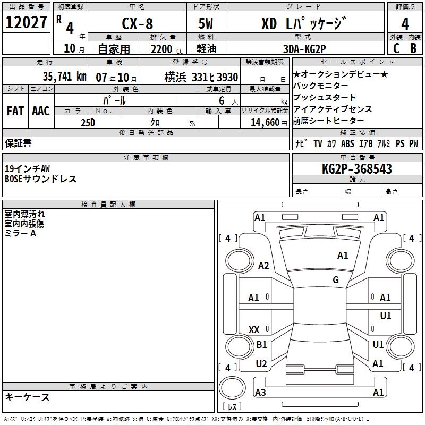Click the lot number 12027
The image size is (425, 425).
pyautogui.click(x=26, y=22)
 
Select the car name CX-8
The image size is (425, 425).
pyautogui.click(x=138, y=24)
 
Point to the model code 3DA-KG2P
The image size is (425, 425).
pyautogui.click(x=304, y=48)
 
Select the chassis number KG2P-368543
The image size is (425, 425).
pyautogui.click(x=356, y=169)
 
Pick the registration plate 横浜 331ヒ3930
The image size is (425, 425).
pyautogui.click(x=194, y=76)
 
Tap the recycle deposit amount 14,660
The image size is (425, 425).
pyautogui.click(x=261, y=122)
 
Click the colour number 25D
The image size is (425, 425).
pyautogui.click(x=88, y=122)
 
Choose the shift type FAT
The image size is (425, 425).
pyautogui.click(x=15, y=111)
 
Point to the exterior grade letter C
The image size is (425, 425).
pyautogui.click(x=396, y=48)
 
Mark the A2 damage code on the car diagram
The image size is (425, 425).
pyautogui.click(x=263, y=266)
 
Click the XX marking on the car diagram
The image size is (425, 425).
pyautogui.click(x=254, y=330)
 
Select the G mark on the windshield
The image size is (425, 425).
pyautogui.click(x=336, y=280)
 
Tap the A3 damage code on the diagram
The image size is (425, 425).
pyautogui.click(x=260, y=392)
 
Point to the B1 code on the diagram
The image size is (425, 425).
pyautogui.click(x=261, y=345)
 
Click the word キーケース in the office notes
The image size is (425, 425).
pyautogui.click(x=28, y=397)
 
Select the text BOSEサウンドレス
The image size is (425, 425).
pyautogui.click(x=41, y=179)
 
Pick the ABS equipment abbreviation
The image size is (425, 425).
pyautogui.click(x=347, y=143)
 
